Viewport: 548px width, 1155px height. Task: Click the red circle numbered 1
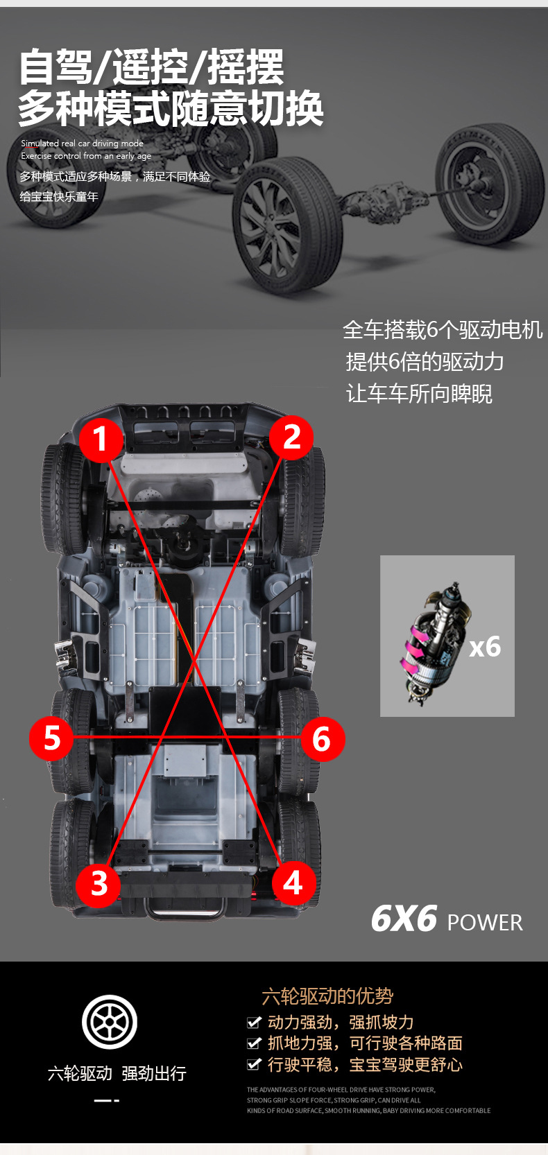pos(101,439)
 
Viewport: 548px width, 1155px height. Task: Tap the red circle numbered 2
pos(291,437)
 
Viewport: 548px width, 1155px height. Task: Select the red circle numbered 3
pos(99,883)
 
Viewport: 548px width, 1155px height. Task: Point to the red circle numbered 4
pos(293,883)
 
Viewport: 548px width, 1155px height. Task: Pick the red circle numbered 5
pos(52,738)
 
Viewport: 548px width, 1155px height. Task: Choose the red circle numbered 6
pos(322,739)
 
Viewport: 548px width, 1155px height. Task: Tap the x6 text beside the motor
pos(485,647)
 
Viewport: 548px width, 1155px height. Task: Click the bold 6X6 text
pos(404,919)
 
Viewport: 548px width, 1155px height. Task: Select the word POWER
pos(485,923)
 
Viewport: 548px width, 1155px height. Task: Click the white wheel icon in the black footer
pos(110,1021)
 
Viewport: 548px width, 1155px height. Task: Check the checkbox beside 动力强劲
pos(254,1022)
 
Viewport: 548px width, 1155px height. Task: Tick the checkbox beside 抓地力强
pos(254,1043)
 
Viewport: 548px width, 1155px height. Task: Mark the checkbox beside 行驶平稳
pos(254,1064)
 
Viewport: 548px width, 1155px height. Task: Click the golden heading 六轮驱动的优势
pos(327,996)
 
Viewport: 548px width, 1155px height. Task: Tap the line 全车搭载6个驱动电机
pos(442,329)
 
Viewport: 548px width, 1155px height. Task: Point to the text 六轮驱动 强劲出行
pos(117,1073)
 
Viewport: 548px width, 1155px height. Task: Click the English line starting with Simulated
pos(82,144)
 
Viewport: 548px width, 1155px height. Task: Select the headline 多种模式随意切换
pos(171,109)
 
